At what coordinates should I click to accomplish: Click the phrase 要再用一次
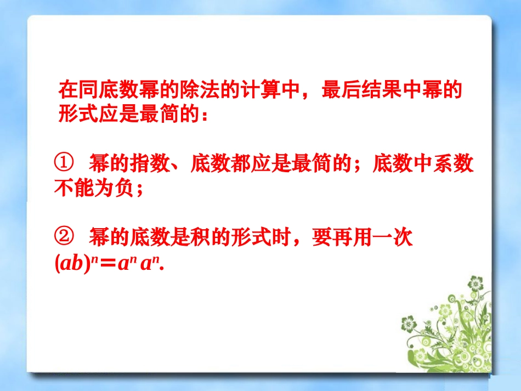(362, 239)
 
